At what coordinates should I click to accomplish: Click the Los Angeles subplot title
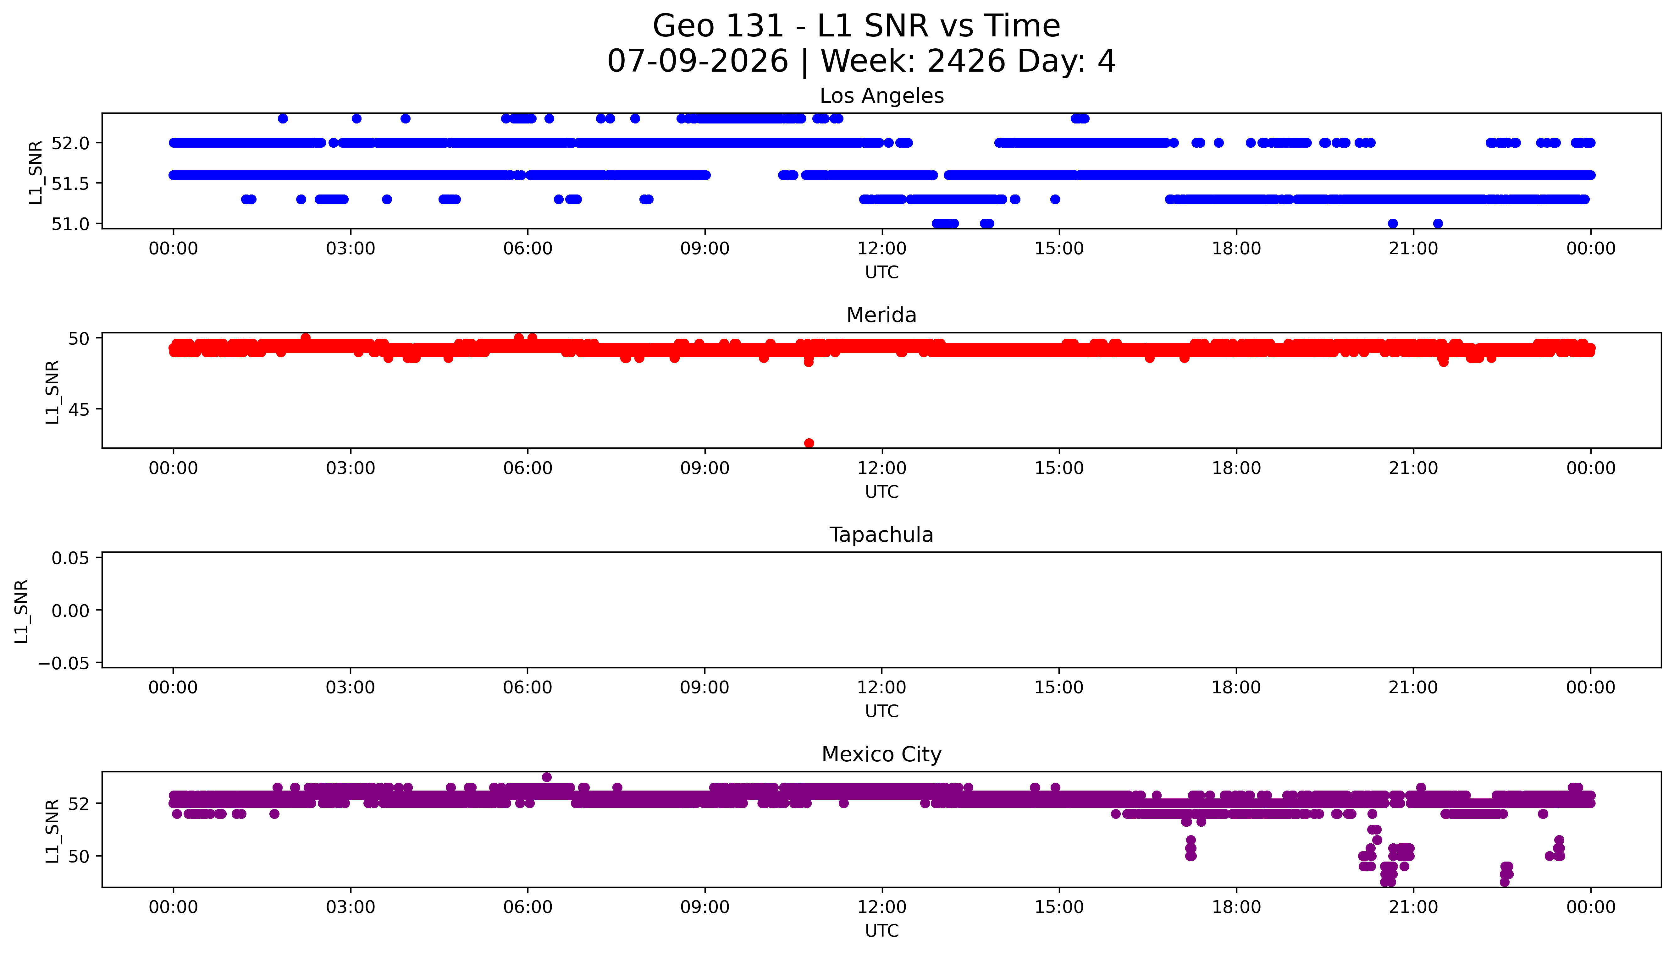coord(881,96)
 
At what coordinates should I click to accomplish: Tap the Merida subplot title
coord(881,315)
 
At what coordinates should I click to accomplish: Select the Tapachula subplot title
coord(881,535)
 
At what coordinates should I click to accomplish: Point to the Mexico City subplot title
coord(881,755)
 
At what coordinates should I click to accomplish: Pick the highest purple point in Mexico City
coord(547,777)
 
